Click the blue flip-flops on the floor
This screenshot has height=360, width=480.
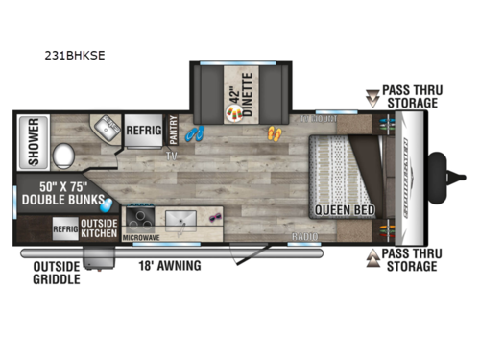point(195,134)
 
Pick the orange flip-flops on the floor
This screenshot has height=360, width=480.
point(276,133)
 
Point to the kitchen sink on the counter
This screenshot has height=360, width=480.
point(180,220)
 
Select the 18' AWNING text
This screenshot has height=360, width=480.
point(171,265)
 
